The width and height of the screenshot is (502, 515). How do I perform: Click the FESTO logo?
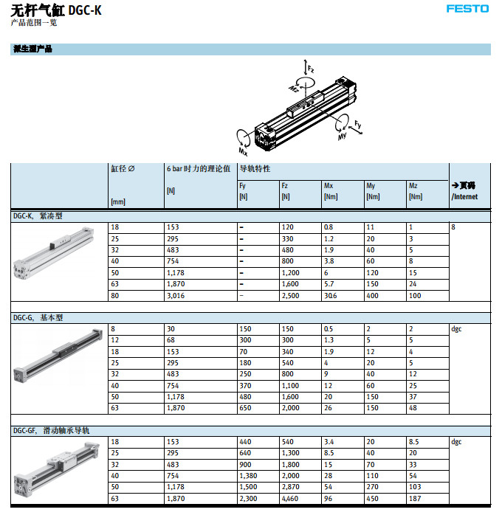[x=467, y=9]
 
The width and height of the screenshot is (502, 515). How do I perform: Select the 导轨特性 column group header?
[x=255, y=169]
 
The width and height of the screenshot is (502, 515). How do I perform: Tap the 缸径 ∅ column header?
[x=123, y=169]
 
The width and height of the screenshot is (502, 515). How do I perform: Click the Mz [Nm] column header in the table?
[x=415, y=191]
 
